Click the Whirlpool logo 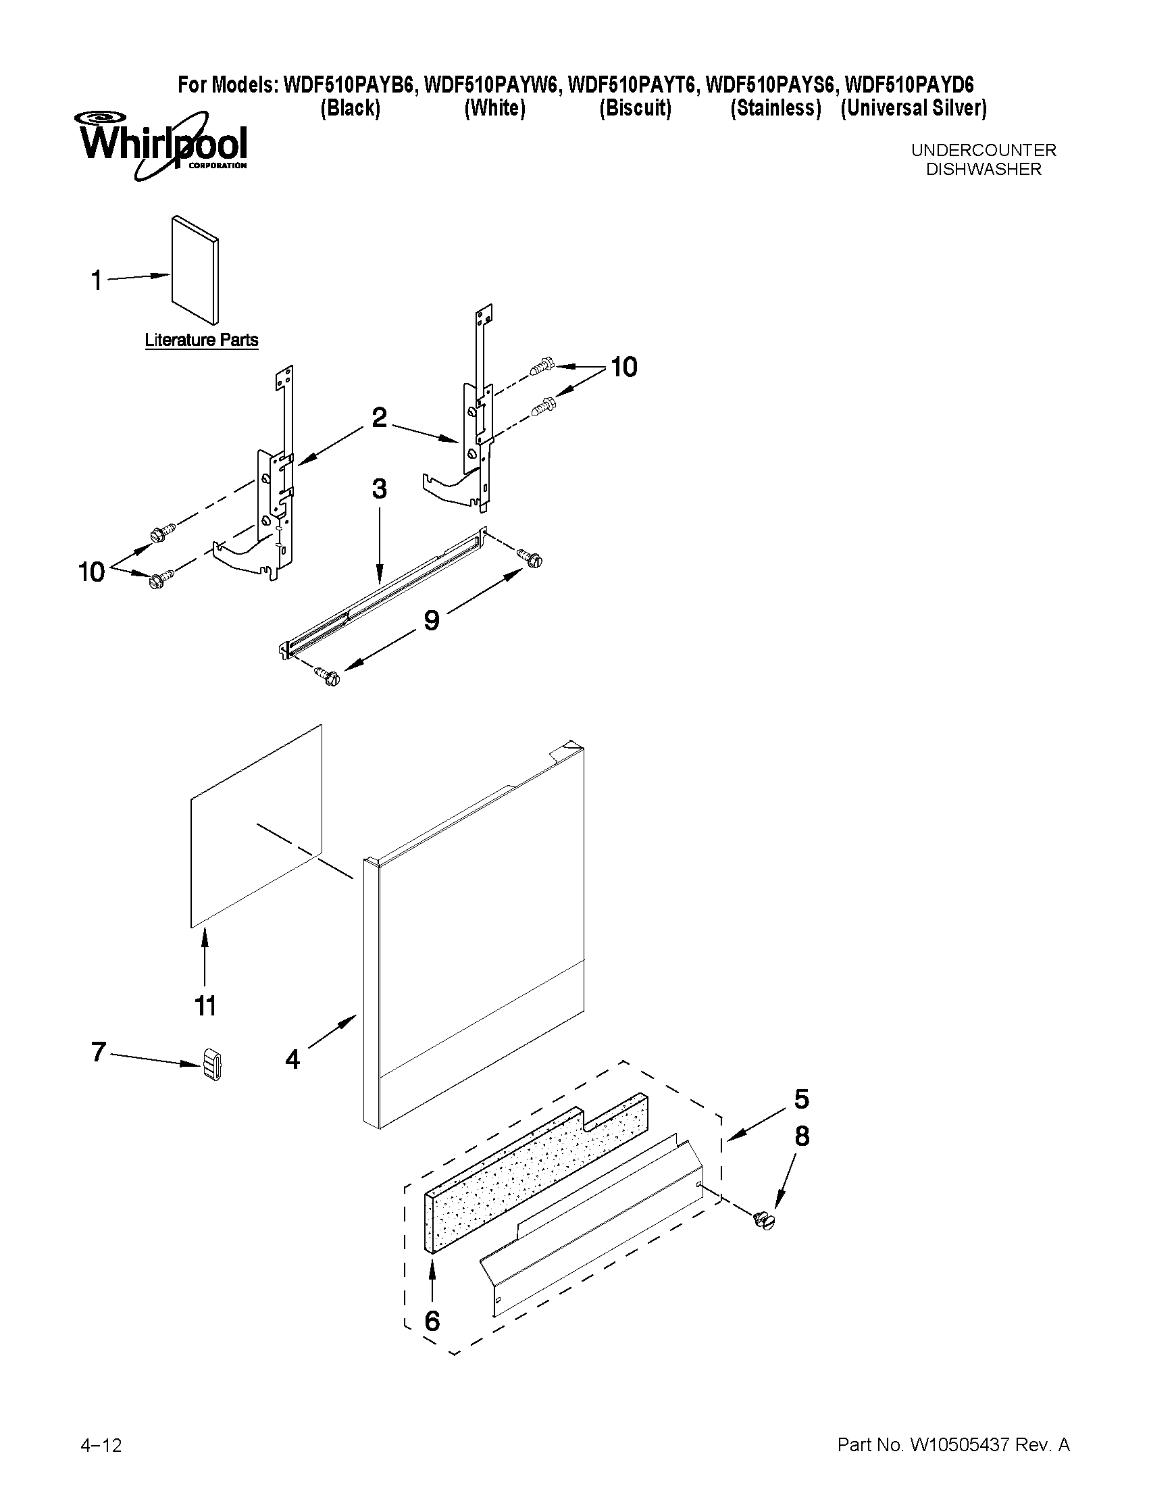point(162,145)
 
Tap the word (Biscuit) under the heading point(634,107)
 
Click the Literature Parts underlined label point(201,340)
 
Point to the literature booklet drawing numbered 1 point(195,270)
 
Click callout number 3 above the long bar point(379,488)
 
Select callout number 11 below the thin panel point(205,1005)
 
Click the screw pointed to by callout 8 point(765,1220)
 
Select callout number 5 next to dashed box point(801,1099)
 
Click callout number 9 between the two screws point(432,620)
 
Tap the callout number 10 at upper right point(623,367)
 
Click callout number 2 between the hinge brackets point(379,418)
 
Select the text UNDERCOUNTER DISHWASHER point(983,159)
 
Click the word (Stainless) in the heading point(775,107)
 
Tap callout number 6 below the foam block point(432,1321)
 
